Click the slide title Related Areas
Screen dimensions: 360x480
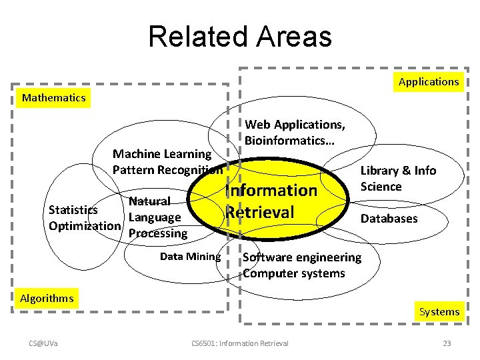pos(240,37)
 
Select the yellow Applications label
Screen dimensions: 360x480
pos(429,82)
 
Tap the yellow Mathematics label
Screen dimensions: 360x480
pos(54,98)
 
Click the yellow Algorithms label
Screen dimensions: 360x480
pos(47,298)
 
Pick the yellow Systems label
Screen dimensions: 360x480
pos(439,311)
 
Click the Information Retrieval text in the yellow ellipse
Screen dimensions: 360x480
pos(271,201)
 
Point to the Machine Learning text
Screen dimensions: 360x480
pos(155,154)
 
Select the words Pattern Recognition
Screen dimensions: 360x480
pos(167,170)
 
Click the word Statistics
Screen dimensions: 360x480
pos(73,210)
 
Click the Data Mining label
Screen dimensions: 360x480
pos(190,257)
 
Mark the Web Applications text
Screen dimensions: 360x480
pos(295,125)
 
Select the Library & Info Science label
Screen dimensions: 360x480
pos(398,178)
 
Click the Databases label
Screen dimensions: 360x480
pos(389,219)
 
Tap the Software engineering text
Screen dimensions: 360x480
pos(302,257)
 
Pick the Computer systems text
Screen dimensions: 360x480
pos(294,273)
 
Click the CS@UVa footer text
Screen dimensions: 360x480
pos(43,343)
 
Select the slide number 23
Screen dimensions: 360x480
pos(447,343)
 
